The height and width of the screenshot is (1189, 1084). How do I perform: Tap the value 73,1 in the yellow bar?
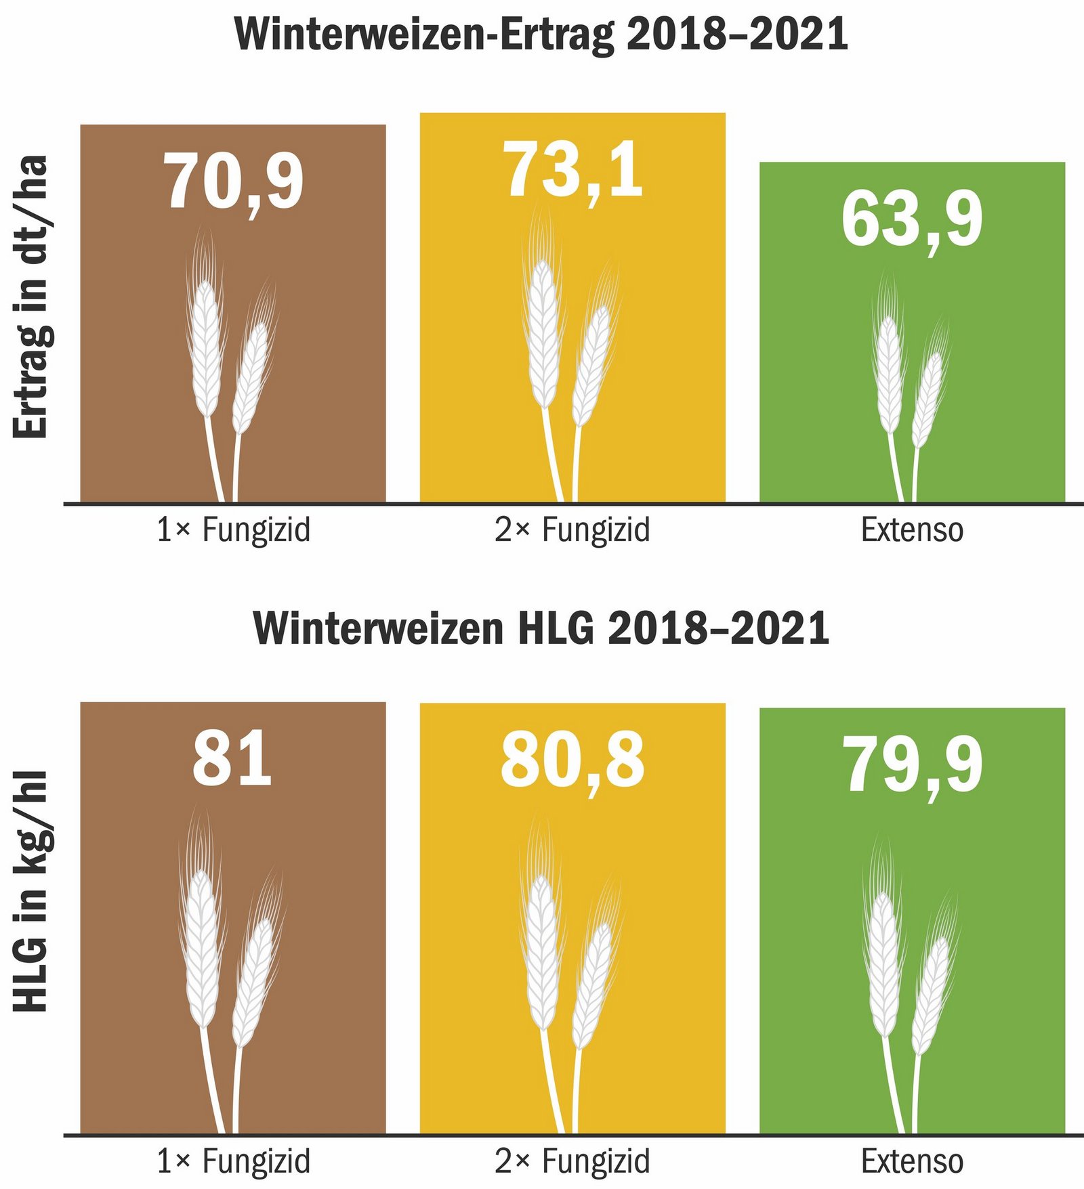pos(572,171)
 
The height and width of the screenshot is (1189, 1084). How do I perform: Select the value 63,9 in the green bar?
pos(912,220)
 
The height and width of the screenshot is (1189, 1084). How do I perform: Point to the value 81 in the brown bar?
pos(232,760)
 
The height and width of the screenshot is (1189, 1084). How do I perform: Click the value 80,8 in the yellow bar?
pos(572,760)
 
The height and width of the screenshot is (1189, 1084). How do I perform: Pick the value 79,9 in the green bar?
pos(912,765)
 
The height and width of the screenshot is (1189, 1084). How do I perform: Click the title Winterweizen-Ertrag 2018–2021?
pos(541,35)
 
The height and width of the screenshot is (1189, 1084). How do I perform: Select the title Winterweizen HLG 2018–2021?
pos(541,628)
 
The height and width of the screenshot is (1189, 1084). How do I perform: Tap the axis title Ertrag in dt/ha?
pos(31,297)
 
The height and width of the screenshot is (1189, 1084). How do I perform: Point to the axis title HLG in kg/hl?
pos(31,891)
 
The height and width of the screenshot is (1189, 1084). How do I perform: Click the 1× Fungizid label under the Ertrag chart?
pos(233,530)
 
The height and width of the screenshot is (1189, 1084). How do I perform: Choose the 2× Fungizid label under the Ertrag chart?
pos(572,530)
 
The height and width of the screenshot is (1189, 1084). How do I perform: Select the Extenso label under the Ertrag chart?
pos(912,530)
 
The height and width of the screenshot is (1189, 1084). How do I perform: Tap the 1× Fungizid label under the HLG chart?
pos(233,1162)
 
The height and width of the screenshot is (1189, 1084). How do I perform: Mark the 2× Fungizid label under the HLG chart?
pos(572,1162)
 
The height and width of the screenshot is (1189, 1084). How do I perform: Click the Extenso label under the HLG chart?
pos(912,1162)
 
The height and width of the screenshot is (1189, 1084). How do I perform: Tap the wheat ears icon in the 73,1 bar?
pos(569,352)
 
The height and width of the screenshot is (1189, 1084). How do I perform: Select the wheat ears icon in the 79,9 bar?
pos(908,982)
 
